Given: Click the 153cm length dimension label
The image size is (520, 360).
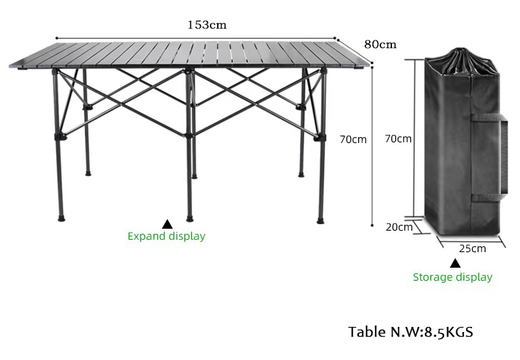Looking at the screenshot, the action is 207,25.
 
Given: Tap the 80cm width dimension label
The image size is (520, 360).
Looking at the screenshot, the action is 380,44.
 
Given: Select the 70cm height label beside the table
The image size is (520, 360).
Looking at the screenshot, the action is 353,140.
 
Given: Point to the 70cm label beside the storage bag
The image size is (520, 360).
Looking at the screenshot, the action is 398,138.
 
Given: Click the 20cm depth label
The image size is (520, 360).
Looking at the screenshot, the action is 399,227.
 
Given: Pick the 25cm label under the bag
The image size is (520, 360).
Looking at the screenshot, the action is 473,248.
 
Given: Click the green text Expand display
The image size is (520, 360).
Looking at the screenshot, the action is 166,236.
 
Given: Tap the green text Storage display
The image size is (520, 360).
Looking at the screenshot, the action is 452,277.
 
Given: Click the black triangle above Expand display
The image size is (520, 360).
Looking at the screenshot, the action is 167,224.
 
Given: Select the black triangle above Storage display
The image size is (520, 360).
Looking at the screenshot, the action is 455,263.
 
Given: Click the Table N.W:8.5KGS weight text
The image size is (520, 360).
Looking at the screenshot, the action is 411,332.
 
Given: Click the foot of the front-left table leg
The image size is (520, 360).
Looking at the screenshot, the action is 61,219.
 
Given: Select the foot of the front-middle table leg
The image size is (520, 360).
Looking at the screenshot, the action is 189,219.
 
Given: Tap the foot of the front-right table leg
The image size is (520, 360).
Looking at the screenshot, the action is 320,221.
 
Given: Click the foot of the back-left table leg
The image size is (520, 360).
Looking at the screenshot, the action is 88,174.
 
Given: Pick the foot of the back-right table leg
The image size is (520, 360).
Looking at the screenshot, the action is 301,175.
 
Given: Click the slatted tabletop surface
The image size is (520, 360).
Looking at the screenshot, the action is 189,55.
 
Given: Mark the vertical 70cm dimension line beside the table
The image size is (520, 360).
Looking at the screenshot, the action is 372,146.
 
